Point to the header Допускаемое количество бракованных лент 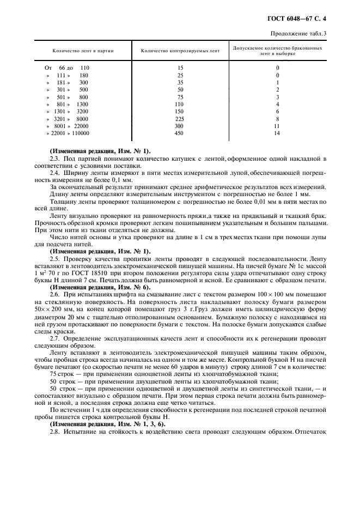coord(277,51)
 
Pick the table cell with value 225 coord(180,118)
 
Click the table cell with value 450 coord(180,133)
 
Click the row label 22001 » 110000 coord(69,133)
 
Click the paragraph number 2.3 coord(54,158)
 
